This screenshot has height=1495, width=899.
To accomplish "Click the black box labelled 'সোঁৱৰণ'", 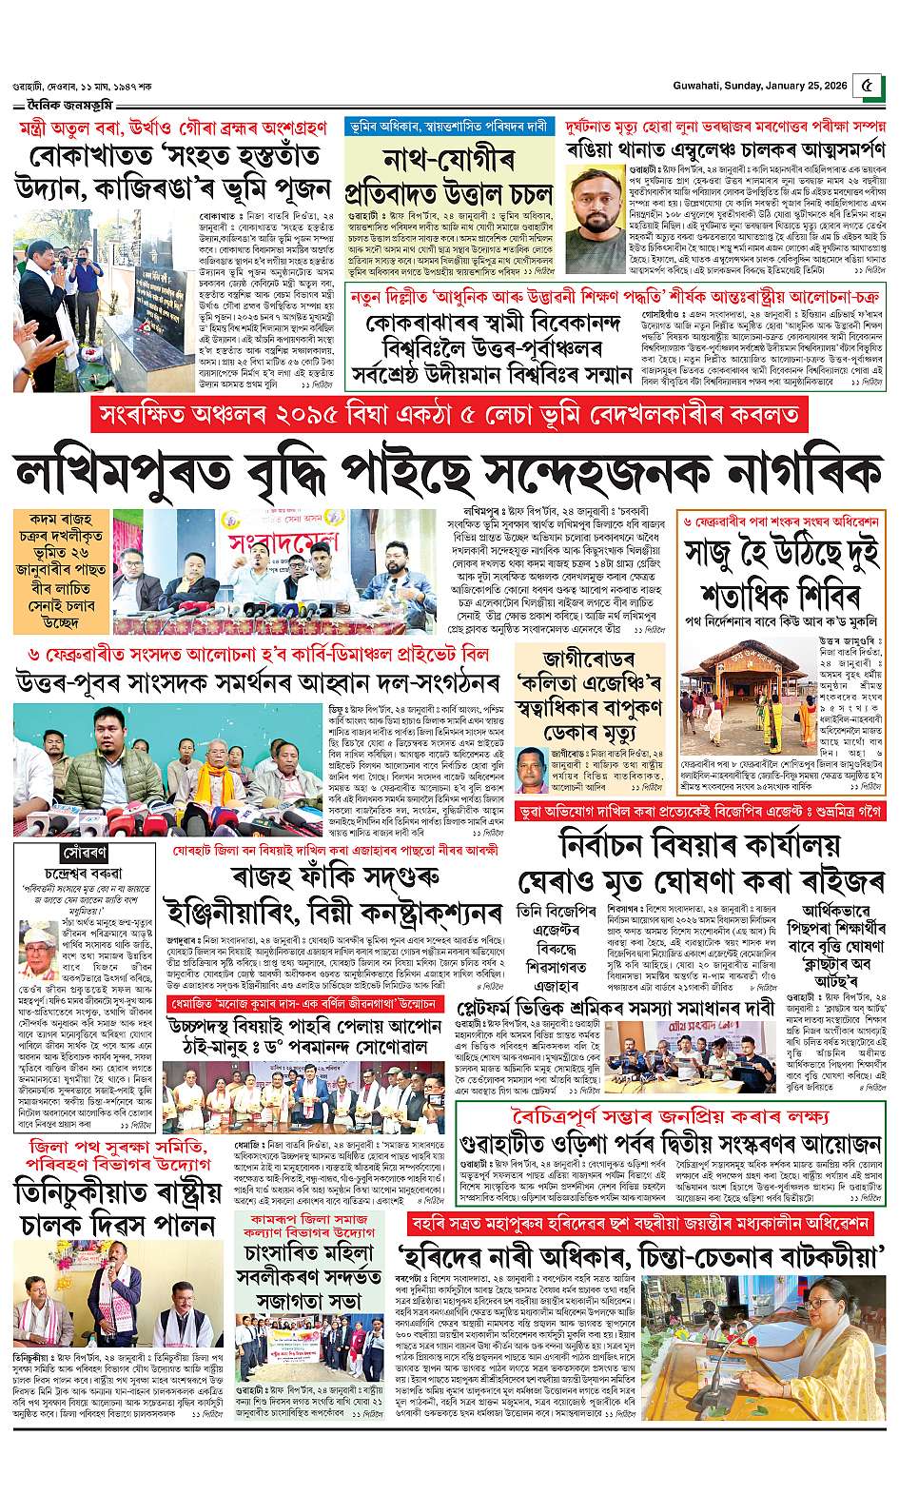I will coord(59,847).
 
